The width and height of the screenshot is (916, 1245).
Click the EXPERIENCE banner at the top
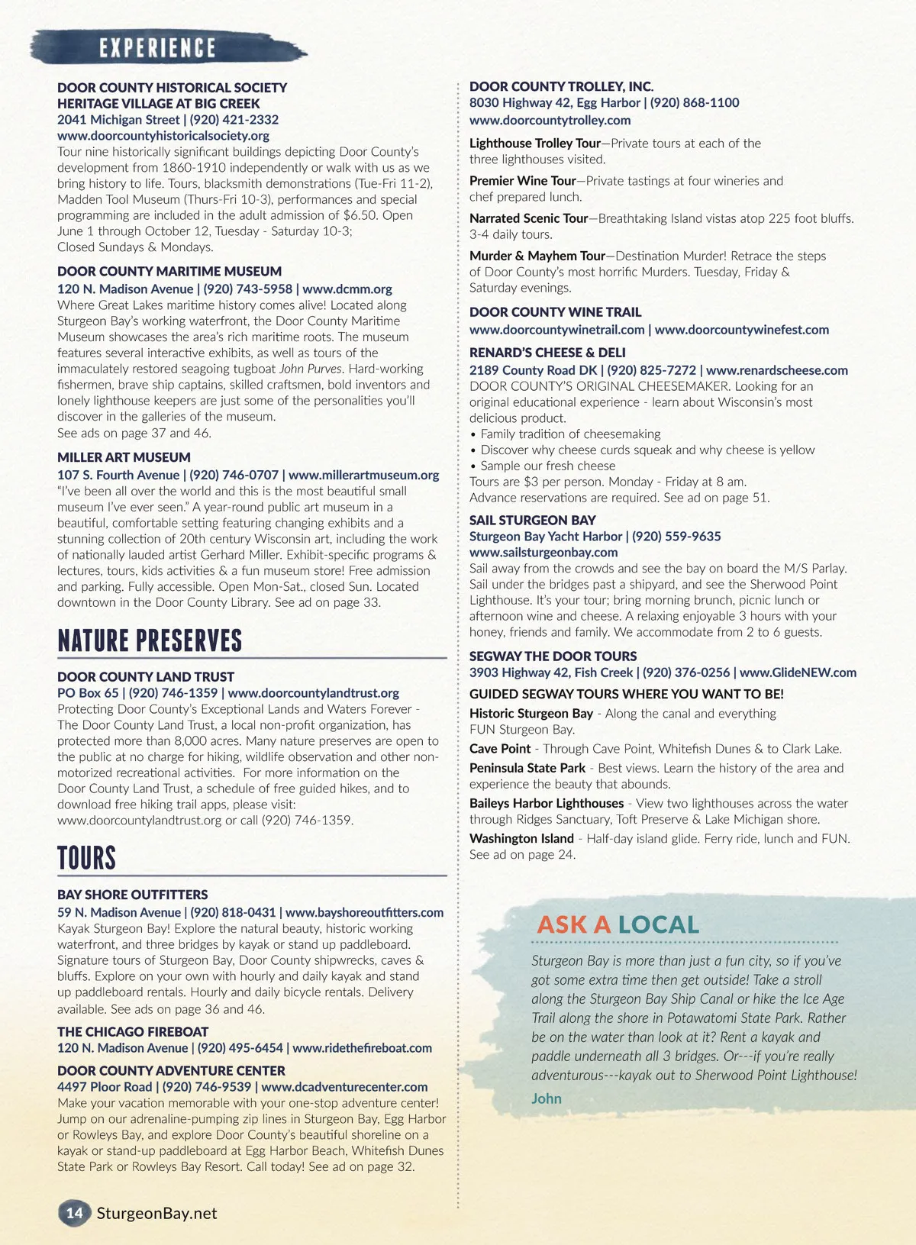click(157, 47)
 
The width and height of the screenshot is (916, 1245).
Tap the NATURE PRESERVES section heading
click(150, 640)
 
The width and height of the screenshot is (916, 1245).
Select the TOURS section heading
click(86, 857)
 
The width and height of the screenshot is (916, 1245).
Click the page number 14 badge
click(74, 1213)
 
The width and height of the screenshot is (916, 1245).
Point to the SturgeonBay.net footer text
click(156, 1213)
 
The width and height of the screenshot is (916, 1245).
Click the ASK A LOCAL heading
click(618, 924)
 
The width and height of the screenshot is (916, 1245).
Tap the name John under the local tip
click(547, 1098)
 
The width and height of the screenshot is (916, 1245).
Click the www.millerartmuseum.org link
click(364, 475)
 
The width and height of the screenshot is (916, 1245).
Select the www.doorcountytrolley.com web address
click(550, 120)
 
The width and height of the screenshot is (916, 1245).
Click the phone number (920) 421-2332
click(234, 119)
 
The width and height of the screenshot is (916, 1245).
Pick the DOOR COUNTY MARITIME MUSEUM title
click(169, 271)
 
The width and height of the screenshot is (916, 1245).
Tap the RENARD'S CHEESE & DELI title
click(547, 353)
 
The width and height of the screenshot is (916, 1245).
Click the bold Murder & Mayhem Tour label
click(537, 256)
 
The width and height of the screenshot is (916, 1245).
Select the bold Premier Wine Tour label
click(522, 181)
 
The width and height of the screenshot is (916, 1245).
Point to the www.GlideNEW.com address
click(798, 672)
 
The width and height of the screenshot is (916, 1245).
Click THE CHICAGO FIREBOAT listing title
click(122, 1031)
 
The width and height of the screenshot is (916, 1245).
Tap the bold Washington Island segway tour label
click(521, 838)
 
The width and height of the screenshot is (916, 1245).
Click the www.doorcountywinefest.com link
click(741, 330)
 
